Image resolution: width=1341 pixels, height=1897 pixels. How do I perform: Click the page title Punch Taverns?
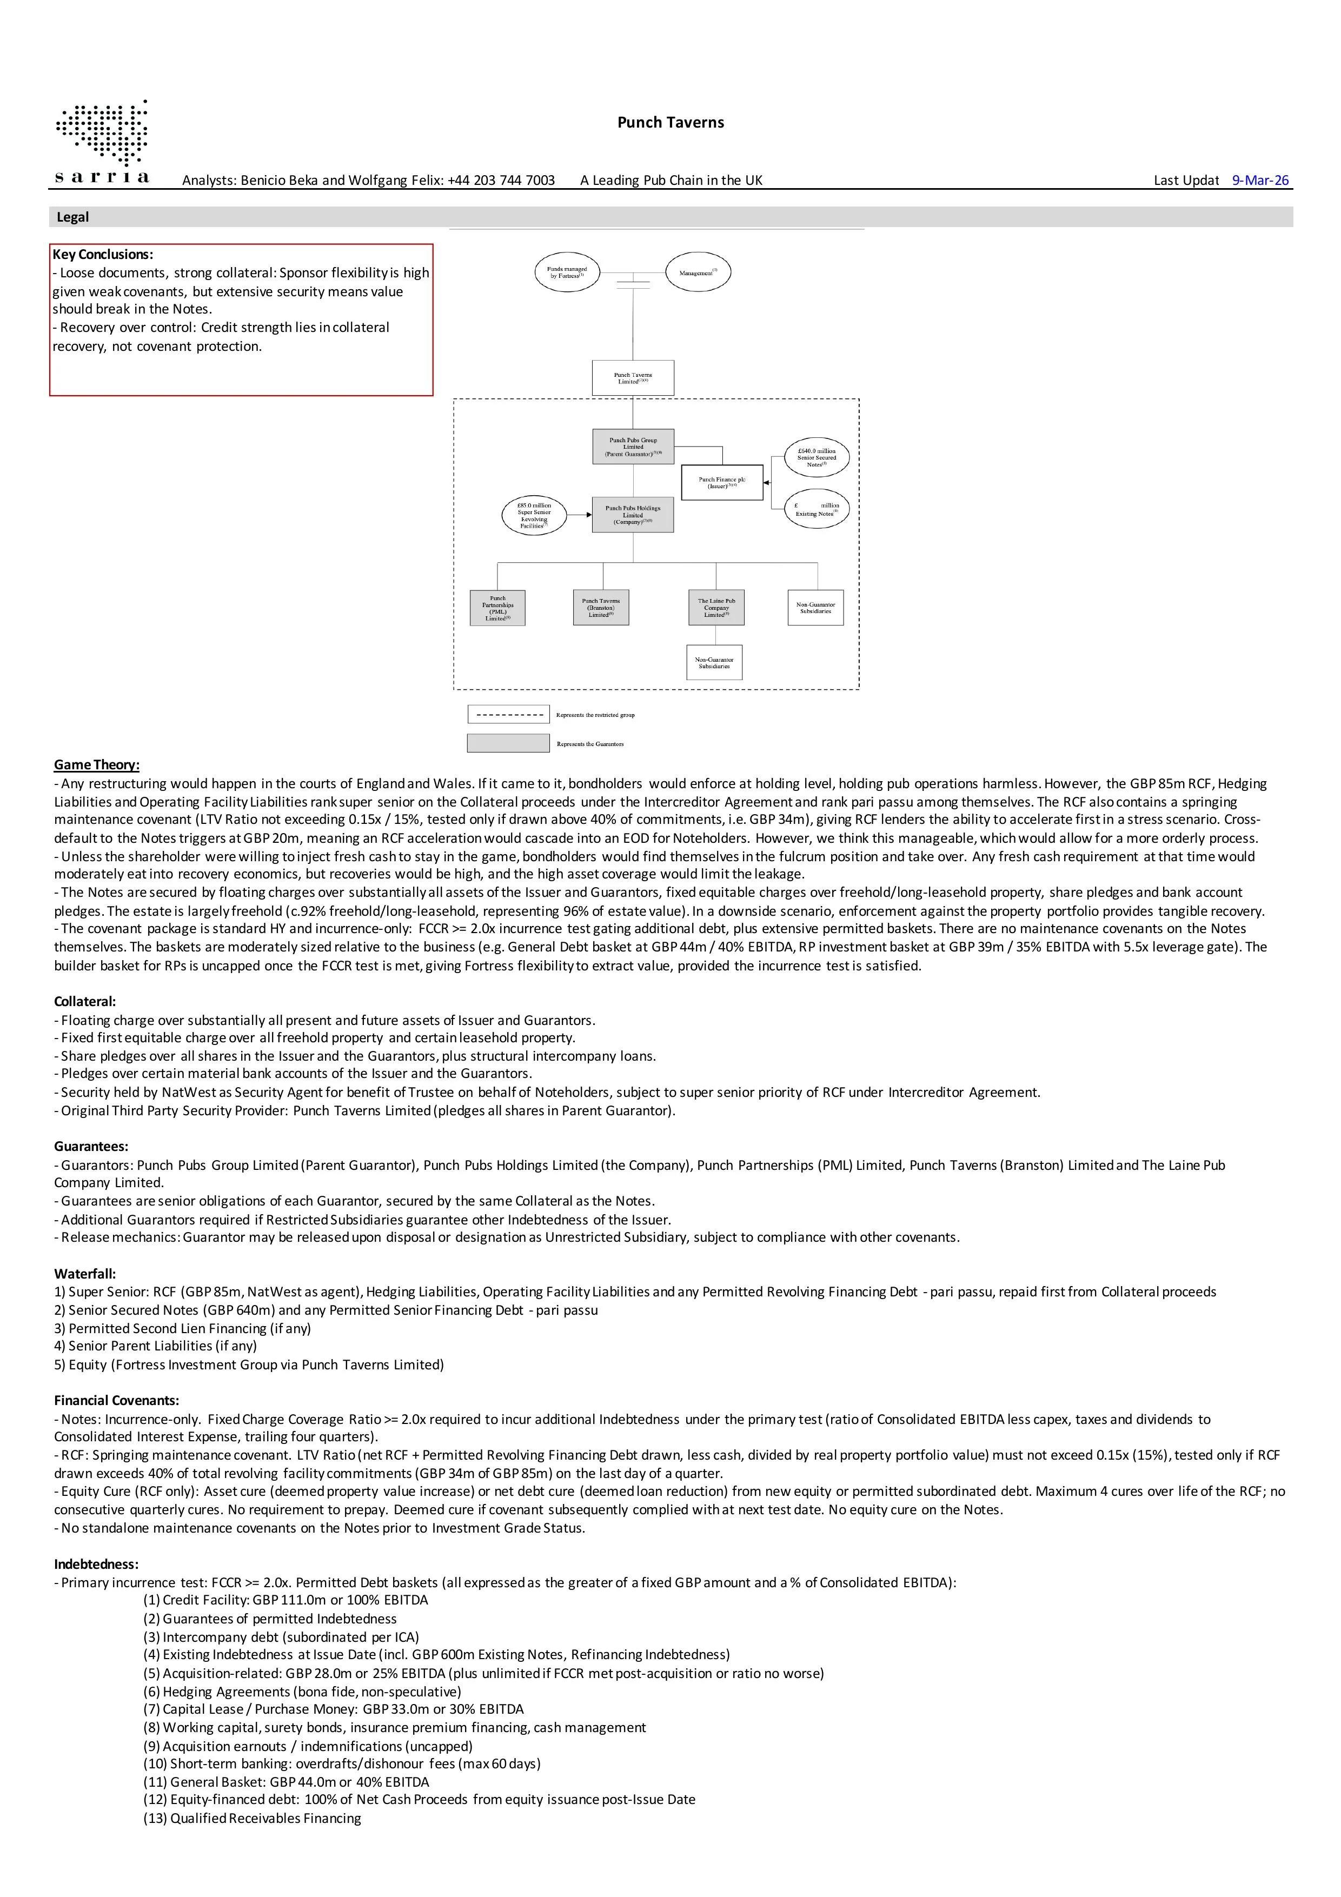coord(670,122)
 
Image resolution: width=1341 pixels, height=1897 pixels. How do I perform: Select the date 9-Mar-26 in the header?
coord(1259,180)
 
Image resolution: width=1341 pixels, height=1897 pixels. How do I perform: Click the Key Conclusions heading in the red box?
coord(102,255)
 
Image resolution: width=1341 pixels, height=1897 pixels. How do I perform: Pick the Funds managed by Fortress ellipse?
coord(567,272)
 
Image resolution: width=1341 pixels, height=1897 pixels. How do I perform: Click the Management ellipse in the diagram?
coord(698,272)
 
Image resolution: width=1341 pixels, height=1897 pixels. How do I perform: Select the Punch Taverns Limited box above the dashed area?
coord(633,378)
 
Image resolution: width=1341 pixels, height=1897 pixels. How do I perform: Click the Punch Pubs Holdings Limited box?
coord(633,515)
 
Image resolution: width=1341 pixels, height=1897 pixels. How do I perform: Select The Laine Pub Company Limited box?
coord(715,607)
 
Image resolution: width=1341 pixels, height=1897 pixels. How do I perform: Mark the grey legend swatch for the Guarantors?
coord(508,743)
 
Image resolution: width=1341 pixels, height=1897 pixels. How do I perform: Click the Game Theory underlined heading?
coord(97,765)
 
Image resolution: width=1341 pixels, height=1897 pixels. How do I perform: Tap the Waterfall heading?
coord(85,1274)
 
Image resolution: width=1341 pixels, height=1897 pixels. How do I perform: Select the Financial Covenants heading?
coord(116,1400)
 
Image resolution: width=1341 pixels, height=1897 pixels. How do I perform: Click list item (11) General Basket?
coord(286,1782)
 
